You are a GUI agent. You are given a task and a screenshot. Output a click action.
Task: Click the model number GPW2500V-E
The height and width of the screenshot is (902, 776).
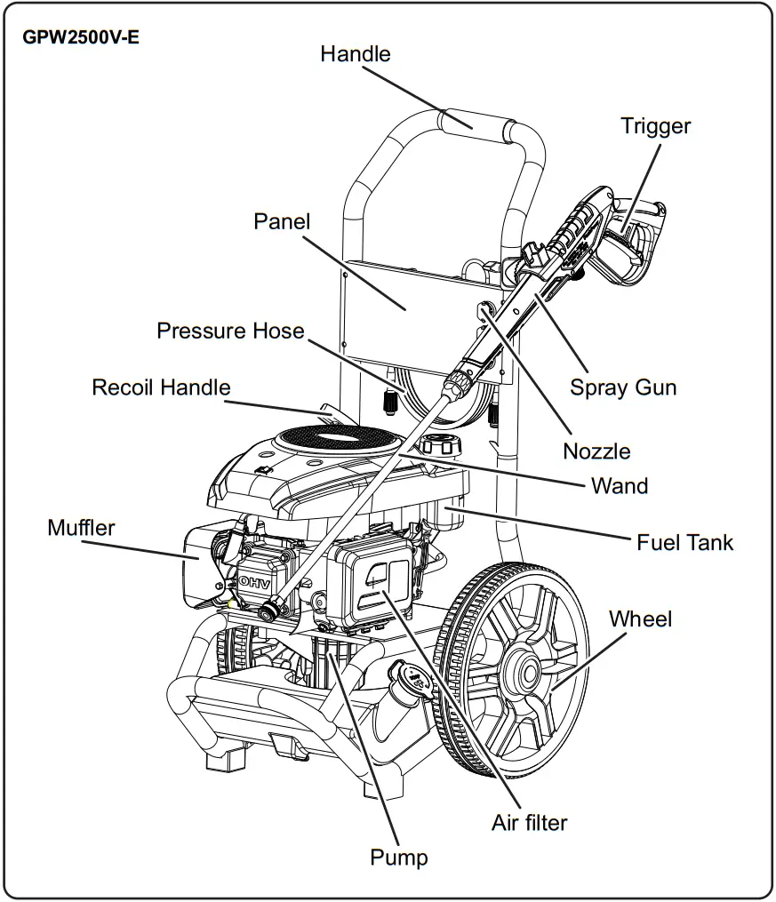[x=81, y=37]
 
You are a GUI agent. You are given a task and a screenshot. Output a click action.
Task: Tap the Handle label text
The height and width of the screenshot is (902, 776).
[x=356, y=54]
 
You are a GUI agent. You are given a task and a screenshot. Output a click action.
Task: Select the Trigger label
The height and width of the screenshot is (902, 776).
[x=656, y=126]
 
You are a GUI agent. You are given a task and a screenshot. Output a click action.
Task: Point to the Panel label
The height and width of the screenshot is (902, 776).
[x=282, y=221]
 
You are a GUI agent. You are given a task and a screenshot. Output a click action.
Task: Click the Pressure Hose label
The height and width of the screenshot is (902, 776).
[x=231, y=331]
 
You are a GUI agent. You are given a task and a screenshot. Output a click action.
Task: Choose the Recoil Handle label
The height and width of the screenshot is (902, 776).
[x=161, y=387]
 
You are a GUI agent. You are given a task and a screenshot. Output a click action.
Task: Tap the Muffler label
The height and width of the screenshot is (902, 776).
[x=81, y=528]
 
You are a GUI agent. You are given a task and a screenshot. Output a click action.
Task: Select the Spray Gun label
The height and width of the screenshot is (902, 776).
[x=623, y=387]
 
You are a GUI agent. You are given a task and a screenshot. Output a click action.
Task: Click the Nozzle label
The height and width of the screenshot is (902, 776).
[x=596, y=451]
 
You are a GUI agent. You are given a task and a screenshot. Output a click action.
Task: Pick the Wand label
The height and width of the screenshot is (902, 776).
[x=620, y=486]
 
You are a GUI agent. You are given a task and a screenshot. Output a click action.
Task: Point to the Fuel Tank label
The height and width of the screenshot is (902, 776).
[x=684, y=542]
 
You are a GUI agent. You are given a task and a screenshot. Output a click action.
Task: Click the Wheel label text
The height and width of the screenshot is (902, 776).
[x=640, y=619]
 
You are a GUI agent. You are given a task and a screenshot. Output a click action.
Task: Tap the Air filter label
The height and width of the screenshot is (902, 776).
[x=529, y=823]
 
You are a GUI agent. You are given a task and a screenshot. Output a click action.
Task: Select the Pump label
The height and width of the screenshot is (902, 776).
[x=398, y=858]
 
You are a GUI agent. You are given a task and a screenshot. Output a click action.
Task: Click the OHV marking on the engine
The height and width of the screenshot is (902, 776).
[x=254, y=583]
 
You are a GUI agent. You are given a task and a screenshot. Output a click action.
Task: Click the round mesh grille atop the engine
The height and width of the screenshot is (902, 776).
[x=337, y=442]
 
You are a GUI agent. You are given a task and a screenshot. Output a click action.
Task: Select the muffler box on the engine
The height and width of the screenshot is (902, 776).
[x=197, y=566]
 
